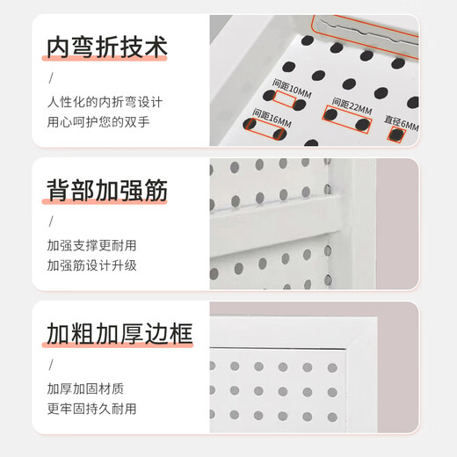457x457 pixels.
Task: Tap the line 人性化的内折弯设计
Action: (x=105, y=102)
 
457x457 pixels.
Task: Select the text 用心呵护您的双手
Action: (x=98, y=121)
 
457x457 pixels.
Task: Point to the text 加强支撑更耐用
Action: (x=91, y=245)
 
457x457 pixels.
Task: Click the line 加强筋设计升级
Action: (x=91, y=265)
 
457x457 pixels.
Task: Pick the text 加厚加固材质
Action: (x=85, y=388)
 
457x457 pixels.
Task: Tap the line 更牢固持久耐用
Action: (x=91, y=408)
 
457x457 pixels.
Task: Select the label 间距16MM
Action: (x=271, y=114)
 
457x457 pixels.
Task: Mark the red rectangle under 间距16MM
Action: (x=265, y=130)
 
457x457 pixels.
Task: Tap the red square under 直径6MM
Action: (x=397, y=136)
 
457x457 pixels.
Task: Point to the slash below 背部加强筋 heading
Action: (x=49, y=222)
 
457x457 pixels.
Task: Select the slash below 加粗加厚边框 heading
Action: (x=49, y=366)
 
